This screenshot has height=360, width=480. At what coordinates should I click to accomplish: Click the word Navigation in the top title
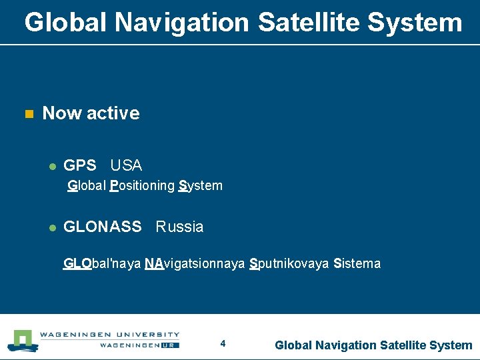pyautogui.click(x=182, y=23)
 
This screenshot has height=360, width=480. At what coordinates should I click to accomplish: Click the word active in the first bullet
pyautogui.click(x=113, y=113)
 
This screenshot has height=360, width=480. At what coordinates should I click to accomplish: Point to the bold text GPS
pyautogui.click(x=79, y=165)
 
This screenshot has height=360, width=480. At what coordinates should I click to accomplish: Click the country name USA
pyautogui.click(x=126, y=165)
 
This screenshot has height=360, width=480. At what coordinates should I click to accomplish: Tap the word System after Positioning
pyautogui.click(x=201, y=186)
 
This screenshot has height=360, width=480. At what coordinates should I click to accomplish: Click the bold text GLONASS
pyautogui.click(x=102, y=227)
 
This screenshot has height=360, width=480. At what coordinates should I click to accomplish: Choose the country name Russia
pyautogui.click(x=179, y=227)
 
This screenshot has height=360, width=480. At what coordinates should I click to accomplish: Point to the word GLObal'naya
pyautogui.click(x=101, y=263)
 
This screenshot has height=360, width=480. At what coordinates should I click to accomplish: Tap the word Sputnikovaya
pyautogui.click(x=289, y=263)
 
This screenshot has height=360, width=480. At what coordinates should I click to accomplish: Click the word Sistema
pyautogui.click(x=357, y=263)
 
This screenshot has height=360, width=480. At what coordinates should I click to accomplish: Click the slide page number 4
pyautogui.click(x=223, y=344)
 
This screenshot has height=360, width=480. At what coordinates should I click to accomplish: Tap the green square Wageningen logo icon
pyautogui.click(x=23, y=340)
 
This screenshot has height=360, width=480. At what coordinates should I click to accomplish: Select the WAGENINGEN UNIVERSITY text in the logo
pyautogui.click(x=109, y=335)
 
